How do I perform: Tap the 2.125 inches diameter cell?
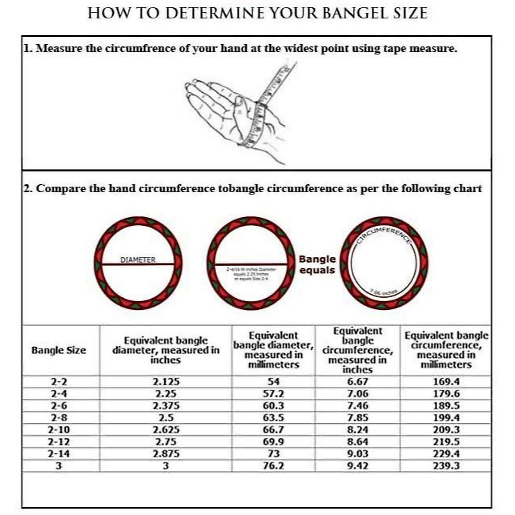[166, 382]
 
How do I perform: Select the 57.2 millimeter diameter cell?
[273, 394]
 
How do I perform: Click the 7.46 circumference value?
[357, 406]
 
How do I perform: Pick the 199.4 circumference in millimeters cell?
[446, 418]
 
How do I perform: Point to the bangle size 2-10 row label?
[58, 430]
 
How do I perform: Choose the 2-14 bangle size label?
[58, 454]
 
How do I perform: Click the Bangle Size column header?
[58, 351]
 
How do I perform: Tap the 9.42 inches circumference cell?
[357, 466]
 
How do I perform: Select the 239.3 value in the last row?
[446, 466]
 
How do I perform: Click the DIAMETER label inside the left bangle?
[138, 260]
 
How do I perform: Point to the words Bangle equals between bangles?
[317, 264]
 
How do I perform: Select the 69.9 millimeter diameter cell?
[273, 442]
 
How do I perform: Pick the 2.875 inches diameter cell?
[166, 454]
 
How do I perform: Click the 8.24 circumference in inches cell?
[357, 430]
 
